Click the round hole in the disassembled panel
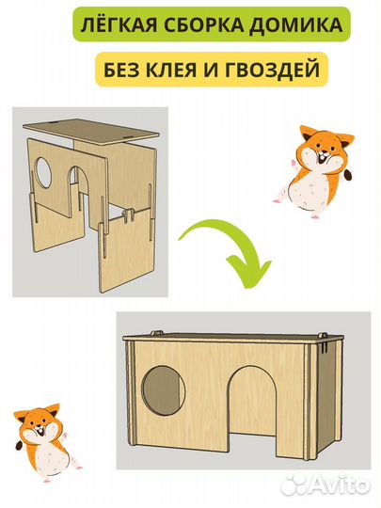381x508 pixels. [x=43, y=171]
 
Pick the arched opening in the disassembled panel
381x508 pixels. [x=78, y=187]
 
